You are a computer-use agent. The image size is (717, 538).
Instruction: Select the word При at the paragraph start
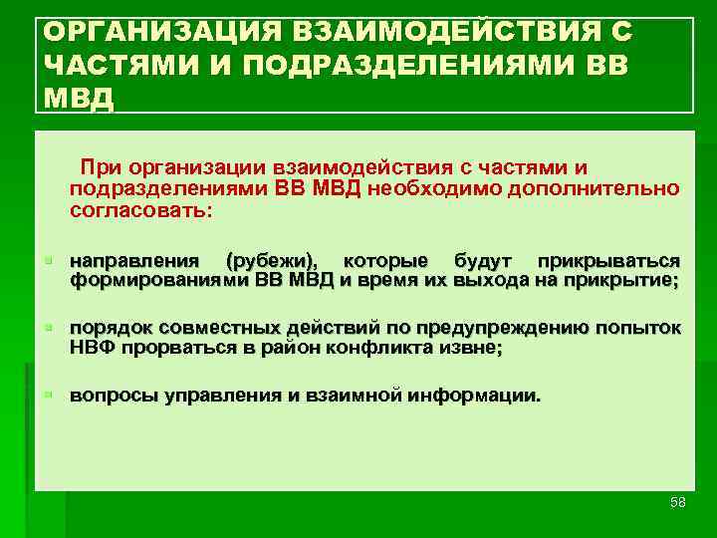(104, 165)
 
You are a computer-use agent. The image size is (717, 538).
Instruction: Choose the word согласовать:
(140, 211)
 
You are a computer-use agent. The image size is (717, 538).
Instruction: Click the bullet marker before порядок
(47, 328)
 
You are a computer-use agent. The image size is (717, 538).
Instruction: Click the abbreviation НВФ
(91, 348)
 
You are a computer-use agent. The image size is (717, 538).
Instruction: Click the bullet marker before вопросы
(47, 396)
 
